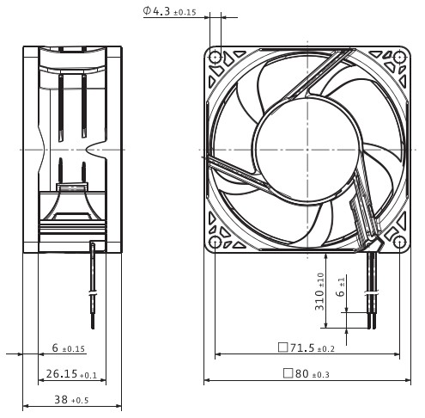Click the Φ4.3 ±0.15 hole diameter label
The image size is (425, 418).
coord(169,11)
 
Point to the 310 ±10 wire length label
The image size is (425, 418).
coord(319,292)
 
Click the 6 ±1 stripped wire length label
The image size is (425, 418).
coord(341,287)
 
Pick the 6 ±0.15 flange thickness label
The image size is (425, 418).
coord(69,348)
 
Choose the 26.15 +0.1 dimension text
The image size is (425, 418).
coord(71,374)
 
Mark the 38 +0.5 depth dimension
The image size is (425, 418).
coord(71,399)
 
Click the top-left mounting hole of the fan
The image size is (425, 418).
coord(215,58)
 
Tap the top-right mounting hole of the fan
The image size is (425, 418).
coord(399,58)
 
